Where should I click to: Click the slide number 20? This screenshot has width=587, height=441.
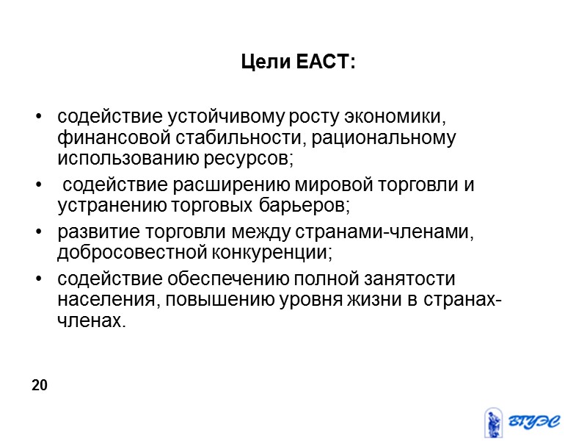pos(40,385)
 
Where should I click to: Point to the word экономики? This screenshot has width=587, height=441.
pos(396,118)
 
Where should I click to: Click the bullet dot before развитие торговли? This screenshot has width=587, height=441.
pos(39,234)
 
